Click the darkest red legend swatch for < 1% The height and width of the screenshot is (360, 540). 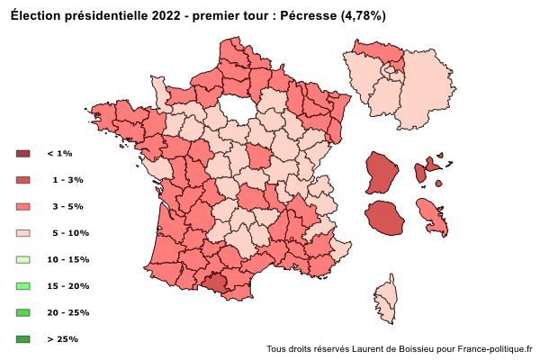23,154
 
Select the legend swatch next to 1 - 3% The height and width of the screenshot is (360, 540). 23,180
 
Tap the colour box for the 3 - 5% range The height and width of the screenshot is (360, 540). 23,206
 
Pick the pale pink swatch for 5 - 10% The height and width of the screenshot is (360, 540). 23,233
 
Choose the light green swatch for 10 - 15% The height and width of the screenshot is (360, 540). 23,259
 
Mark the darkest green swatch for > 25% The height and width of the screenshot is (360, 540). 23,339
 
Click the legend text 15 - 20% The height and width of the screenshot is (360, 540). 67,286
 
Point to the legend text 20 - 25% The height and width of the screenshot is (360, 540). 67,312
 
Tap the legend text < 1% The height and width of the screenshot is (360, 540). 59,154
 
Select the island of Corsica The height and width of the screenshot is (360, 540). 386,301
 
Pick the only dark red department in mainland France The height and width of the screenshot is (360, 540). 215,283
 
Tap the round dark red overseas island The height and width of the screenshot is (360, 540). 382,219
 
